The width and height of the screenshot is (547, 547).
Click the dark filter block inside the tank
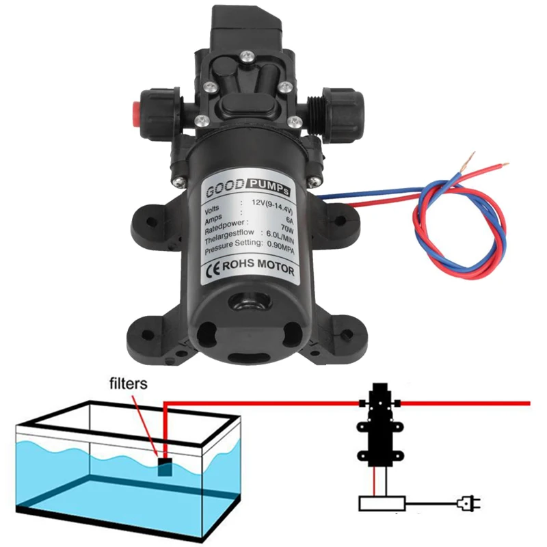[x=165, y=468]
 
